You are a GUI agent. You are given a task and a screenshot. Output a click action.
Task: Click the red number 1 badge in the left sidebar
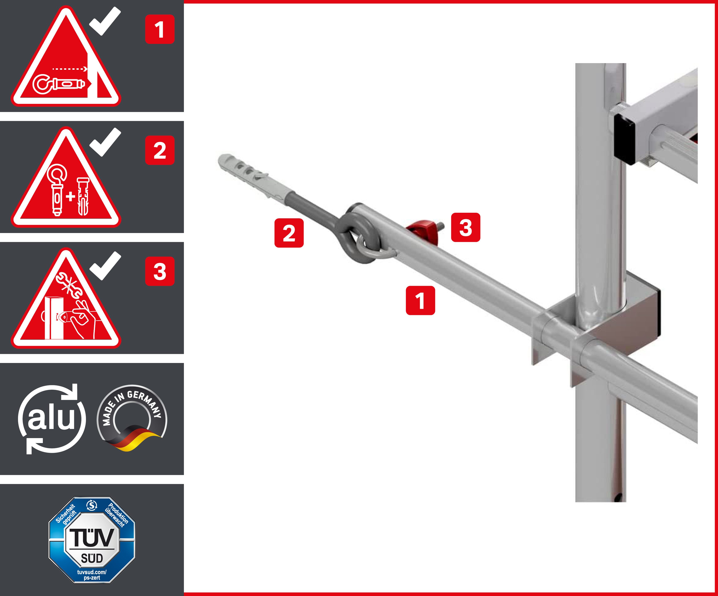pos(160,29)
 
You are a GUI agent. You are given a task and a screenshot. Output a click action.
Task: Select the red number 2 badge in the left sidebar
pos(160,150)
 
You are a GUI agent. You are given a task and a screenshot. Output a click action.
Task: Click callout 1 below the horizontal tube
pos(420,300)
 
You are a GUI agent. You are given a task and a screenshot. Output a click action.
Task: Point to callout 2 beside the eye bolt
pos(289,233)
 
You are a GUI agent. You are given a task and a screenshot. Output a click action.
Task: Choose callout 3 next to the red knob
pos(465,228)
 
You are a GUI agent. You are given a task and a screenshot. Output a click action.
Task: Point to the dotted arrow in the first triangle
pos(70,69)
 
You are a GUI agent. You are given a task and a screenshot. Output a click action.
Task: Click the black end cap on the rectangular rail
pos(625,138)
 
